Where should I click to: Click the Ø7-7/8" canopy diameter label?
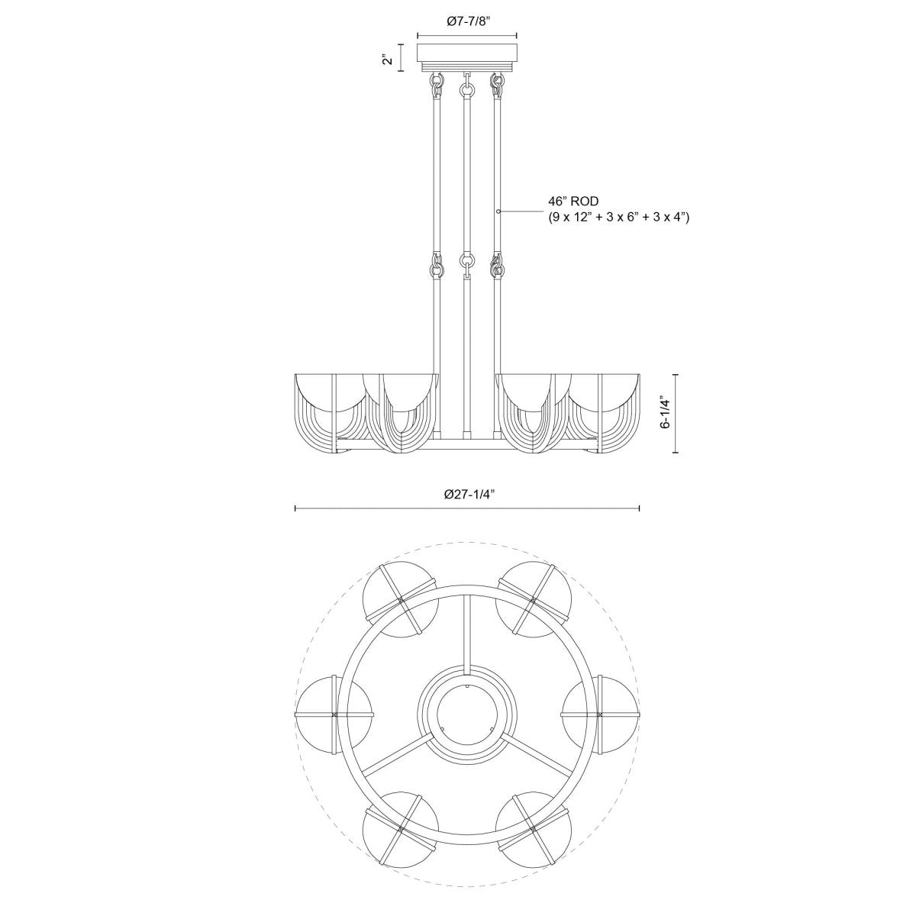point(467,22)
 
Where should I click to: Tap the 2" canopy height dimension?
point(389,58)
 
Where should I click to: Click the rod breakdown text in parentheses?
point(618,218)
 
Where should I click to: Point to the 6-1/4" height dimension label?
point(666,414)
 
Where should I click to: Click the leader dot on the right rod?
point(498,210)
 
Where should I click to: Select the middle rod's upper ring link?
point(466,90)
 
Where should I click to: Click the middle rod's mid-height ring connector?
point(466,261)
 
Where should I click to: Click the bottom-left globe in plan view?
point(401,827)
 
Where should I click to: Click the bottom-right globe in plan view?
point(533,827)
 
